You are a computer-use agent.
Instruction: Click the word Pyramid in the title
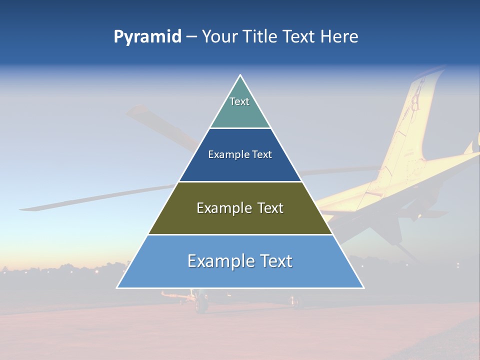(147, 37)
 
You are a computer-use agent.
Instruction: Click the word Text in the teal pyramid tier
(239, 101)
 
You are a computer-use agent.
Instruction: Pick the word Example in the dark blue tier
(226, 155)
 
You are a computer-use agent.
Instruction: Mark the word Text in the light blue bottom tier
(275, 261)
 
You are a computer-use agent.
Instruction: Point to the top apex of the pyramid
(240, 75)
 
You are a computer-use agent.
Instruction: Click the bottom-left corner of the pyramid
(117, 287)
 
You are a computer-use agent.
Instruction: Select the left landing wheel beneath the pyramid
(201, 302)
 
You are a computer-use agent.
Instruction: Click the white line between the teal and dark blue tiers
(240, 128)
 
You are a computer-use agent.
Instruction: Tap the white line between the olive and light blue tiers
(240, 234)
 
